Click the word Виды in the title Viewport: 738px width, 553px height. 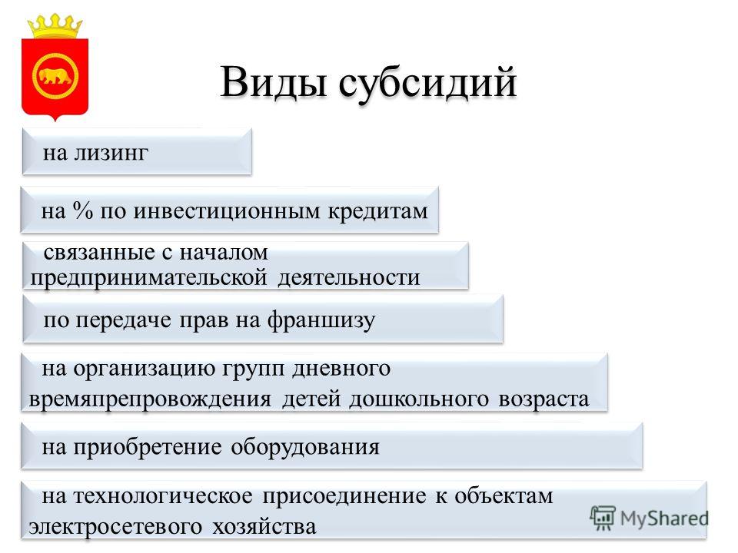[274, 82]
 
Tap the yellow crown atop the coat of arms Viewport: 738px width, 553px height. [55, 26]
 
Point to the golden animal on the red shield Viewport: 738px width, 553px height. [55, 76]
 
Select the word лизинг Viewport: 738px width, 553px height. [111, 154]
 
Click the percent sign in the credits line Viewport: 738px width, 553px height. [83, 210]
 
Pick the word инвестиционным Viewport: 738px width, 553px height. [226, 211]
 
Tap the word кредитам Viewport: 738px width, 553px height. [378, 211]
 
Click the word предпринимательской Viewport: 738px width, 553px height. [148, 278]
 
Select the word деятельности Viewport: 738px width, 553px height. [349, 277]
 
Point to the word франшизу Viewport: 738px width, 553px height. [321, 321]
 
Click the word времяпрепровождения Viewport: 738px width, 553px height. [150, 399]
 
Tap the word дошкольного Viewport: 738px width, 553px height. [418, 399]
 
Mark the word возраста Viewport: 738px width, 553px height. [544, 399]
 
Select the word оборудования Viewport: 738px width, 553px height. [305, 447]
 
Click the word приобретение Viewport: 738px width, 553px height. [148, 448]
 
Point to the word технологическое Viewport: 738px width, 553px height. [163, 497]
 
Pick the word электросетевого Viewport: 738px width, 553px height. [115, 527]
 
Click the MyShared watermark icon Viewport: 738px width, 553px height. [603, 518]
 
